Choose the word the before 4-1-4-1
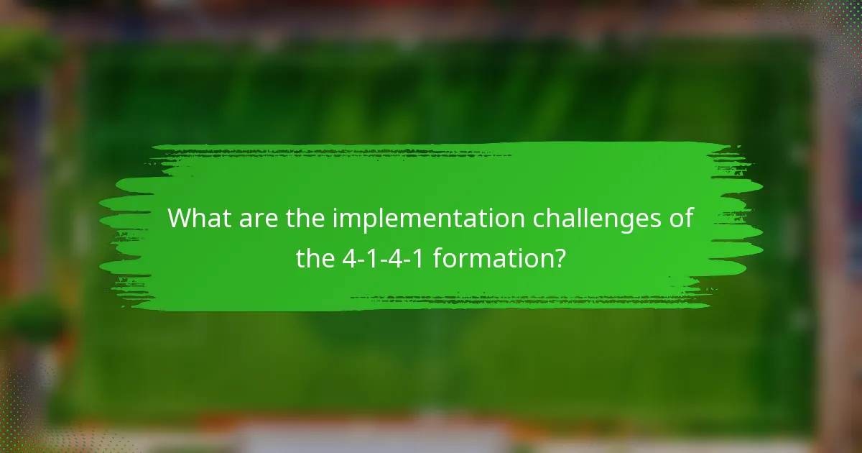coord(315,257)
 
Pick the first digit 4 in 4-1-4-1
coord(350,257)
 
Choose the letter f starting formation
coord(438,257)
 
